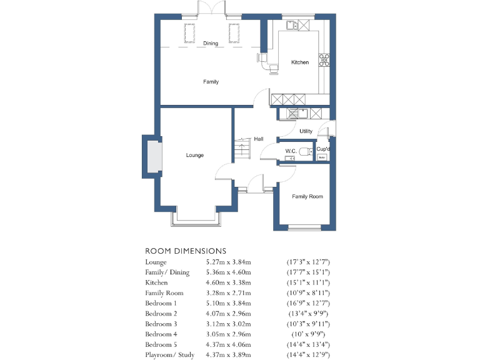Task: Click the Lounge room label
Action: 194,155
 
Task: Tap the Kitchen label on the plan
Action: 300,62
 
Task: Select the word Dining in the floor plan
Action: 211,43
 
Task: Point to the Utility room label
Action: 306,131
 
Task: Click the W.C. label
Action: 291,151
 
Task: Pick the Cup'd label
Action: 322,149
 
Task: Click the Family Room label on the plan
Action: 307,197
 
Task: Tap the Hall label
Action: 258,139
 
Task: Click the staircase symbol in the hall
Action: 241,149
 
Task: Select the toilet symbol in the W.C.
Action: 304,151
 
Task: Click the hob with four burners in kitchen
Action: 324,60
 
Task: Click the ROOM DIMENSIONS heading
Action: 186,251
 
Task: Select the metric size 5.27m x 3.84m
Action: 228,262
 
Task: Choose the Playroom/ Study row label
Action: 169,355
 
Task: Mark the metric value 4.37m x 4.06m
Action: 228,344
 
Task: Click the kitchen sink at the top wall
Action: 291,26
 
